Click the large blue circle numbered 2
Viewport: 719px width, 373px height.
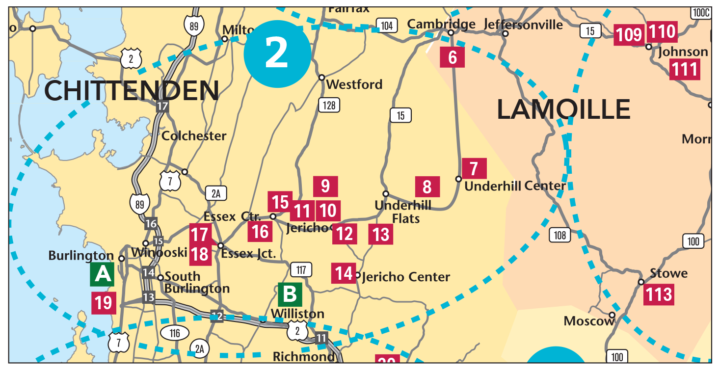(277, 54)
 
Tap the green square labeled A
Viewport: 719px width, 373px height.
(102, 274)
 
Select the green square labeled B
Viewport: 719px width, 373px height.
(290, 294)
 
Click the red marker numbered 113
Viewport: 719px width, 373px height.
(659, 294)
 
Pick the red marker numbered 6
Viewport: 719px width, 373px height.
(453, 57)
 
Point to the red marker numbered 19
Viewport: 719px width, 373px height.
(104, 303)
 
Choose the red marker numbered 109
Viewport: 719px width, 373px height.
(629, 35)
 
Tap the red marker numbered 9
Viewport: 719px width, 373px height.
(325, 186)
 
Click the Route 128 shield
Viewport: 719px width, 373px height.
(329, 105)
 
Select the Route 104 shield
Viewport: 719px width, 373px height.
(387, 26)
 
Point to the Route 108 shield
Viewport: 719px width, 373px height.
(560, 235)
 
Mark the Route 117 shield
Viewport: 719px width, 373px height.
(301, 269)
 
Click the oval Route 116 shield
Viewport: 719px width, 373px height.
(175, 334)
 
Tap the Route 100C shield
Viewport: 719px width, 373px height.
(700, 13)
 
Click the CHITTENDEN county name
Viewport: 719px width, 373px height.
(132, 91)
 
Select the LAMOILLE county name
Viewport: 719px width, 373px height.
(563, 109)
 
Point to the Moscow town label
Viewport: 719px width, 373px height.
(589, 321)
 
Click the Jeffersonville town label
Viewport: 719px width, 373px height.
(523, 24)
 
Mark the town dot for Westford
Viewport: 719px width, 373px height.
(322, 78)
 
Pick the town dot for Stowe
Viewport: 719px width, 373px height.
(641, 282)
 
